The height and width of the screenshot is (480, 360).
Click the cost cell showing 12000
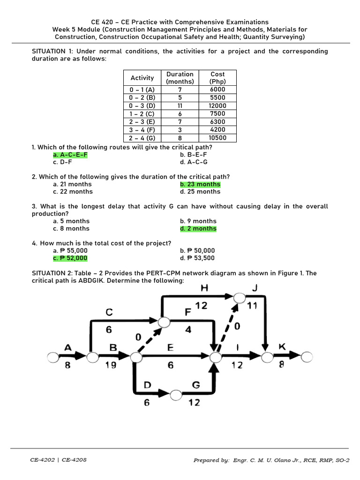pyautogui.click(x=217, y=105)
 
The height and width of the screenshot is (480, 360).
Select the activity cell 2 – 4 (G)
pyautogui.click(x=142, y=138)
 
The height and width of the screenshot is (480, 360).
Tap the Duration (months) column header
pyautogui.click(x=180, y=78)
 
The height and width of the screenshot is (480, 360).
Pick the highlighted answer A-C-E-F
pyautogui.click(x=70, y=155)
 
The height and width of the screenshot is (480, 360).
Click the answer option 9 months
pyautogui.click(x=198, y=221)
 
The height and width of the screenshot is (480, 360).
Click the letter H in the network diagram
pyautogui.click(x=205, y=287)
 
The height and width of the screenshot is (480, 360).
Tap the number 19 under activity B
pyautogui.click(x=111, y=366)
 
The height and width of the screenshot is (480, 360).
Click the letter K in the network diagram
pyautogui.click(x=282, y=347)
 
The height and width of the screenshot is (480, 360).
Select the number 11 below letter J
pyautogui.click(x=253, y=306)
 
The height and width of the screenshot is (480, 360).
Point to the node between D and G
pyautogui.click(x=176, y=395)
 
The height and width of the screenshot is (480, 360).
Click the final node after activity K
pyautogui.click(x=307, y=358)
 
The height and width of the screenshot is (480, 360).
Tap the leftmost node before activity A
pyautogui.click(x=52, y=358)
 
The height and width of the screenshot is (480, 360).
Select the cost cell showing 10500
pyautogui.click(x=217, y=138)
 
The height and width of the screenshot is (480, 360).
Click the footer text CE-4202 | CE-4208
pyautogui.click(x=59, y=460)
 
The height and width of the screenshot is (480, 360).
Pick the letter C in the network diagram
pyautogui.click(x=108, y=312)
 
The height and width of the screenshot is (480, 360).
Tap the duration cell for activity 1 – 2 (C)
pyautogui.click(x=180, y=113)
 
